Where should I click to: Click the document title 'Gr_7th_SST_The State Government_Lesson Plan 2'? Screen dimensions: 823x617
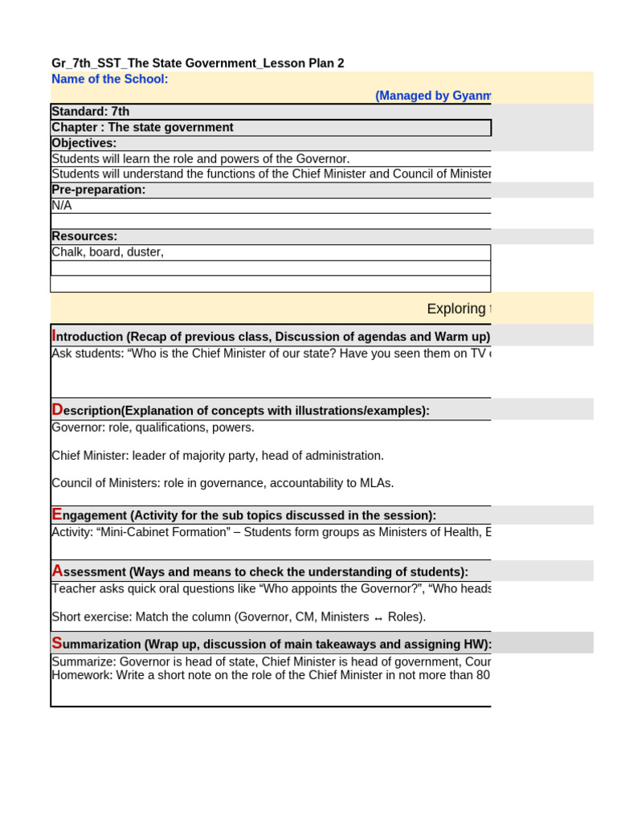(x=198, y=63)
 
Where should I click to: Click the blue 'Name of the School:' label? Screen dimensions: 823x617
(x=110, y=79)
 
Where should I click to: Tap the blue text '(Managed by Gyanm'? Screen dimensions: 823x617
(x=432, y=96)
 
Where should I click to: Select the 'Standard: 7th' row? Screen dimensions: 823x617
(x=91, y=112)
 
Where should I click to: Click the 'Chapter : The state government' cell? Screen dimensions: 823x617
(x=143, y=128)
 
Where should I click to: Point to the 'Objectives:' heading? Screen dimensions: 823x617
(x=84, y=143)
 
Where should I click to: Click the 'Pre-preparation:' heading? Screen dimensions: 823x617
(x=99, y=190)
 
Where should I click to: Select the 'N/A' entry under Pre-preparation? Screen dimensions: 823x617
(x=62, y=206)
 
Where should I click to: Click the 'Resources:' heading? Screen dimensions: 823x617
(x=84, y=236)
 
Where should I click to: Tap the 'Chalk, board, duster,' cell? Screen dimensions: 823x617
(x=108, y=252)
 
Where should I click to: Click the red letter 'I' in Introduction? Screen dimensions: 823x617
(x=54, y=335)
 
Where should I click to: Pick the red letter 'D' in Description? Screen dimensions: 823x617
(x=57, y=410)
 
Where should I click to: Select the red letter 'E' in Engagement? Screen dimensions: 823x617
(x=56, y=514)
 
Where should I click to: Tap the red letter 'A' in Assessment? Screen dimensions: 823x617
(x=57, y=571)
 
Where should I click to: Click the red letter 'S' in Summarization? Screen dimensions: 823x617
(x=56, y=643)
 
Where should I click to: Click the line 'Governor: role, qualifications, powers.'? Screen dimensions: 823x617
(x=153, y=428)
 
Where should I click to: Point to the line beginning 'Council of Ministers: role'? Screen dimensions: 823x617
(x=223, y=483)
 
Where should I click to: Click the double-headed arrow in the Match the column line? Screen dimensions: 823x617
(x=378, y=619)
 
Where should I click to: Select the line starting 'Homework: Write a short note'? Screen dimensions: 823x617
(x=270, y=675)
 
